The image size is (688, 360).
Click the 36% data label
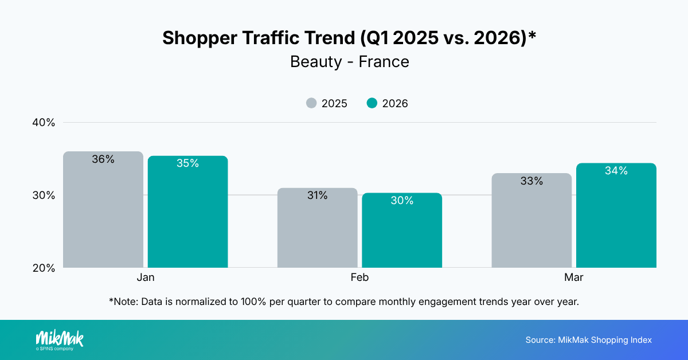103,159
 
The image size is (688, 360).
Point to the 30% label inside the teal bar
402,201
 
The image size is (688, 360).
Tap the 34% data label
616,171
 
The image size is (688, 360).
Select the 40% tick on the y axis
43,123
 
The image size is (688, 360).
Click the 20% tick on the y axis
43,268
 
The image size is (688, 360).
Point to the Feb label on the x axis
359,277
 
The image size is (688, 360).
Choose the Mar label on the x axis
574,277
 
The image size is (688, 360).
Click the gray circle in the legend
311,103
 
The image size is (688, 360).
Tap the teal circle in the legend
372,103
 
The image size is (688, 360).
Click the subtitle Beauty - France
350,61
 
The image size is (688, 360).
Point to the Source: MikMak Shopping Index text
588,340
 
